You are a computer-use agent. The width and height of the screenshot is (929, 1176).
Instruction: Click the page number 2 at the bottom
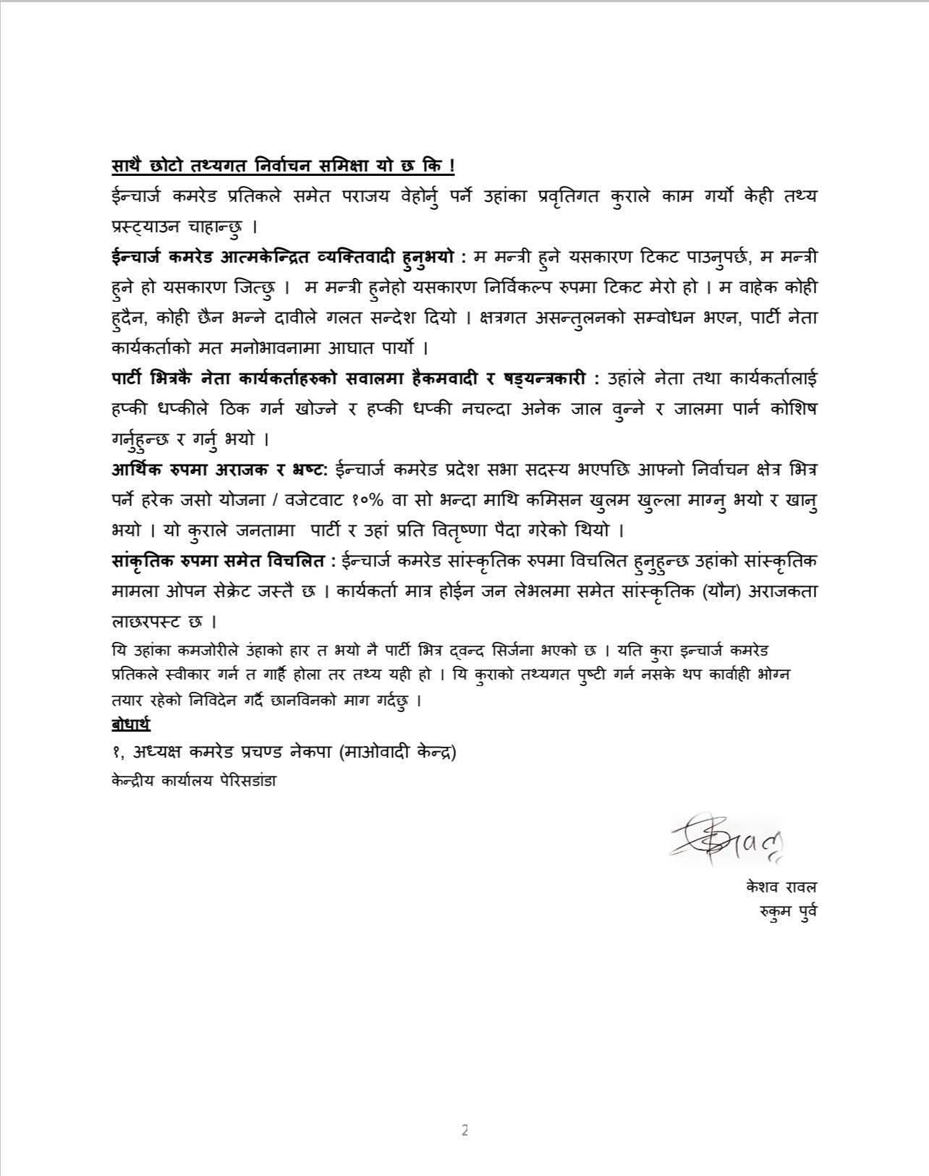pos(465,1130)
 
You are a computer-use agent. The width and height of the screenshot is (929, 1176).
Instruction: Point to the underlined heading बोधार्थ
pos(131,724)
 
